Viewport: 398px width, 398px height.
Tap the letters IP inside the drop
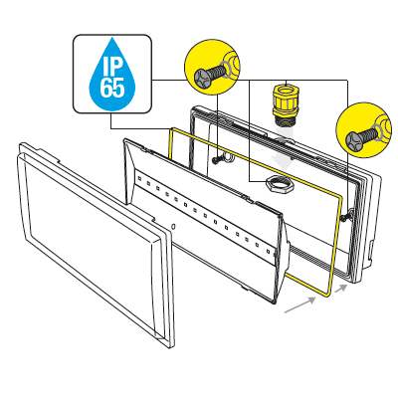point(111,66)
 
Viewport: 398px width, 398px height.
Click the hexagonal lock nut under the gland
point(278,184)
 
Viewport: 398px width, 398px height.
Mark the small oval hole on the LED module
point(175,228)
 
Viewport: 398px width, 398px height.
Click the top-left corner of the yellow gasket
point(171,129)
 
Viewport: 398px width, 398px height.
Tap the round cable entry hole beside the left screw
point(227,156)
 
